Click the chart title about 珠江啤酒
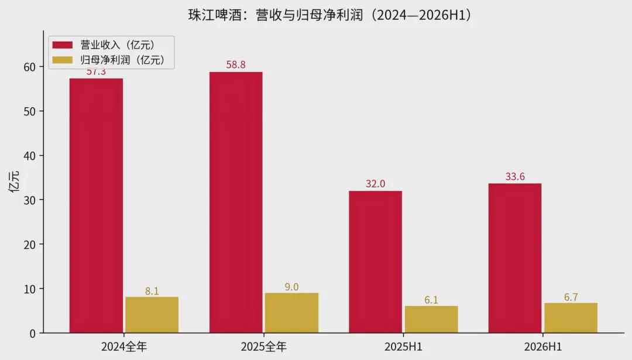pos(330,15)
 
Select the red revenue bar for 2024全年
pos(96,205)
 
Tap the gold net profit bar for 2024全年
pos(152,315)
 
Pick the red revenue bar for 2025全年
pos(236,203)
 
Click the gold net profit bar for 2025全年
pos(291,313)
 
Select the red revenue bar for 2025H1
pos(375,262)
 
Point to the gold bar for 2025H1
pos(431,319)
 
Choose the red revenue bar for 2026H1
pos(515,258)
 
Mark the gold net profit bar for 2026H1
pos(571,318)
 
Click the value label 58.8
pos(236,64)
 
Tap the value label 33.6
pos(515,177)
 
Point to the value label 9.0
pos(291,287)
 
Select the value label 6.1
pos(431,300)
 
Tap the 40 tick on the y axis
pos(30,156)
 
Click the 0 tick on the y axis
pos(33,334)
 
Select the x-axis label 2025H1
pos(403,347)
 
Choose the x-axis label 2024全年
pos(124,347)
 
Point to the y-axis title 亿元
pos(14,182)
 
